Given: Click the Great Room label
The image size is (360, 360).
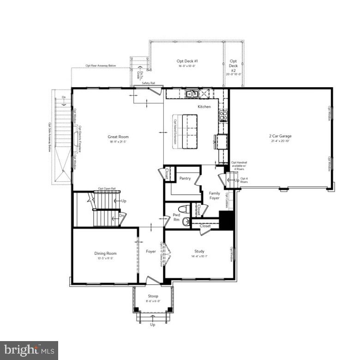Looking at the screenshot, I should [x=118, y=137].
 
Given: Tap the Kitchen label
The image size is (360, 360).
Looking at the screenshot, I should [x=204, y=107].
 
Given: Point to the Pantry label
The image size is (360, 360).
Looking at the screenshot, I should [x=185, y=178].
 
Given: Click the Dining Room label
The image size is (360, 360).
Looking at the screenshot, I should [x=105, y=253].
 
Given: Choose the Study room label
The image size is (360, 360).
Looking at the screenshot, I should [x=199, y=252].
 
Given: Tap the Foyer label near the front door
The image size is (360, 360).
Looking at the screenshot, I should [x=151, y=252].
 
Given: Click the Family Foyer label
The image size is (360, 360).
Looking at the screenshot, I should [x=214, y=196].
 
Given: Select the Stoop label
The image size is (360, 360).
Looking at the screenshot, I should [x=153, y=296].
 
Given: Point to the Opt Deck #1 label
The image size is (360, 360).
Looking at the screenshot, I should [x=187, y=61].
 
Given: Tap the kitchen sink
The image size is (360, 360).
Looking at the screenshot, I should [x=192, y=94].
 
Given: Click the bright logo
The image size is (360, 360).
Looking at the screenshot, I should [x=29, y=350].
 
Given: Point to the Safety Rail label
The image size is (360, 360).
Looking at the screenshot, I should [x=148, y=84].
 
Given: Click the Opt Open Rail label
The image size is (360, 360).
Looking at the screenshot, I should [x=107, y=189].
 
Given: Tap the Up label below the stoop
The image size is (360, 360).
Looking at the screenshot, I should [x=153, y=324].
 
